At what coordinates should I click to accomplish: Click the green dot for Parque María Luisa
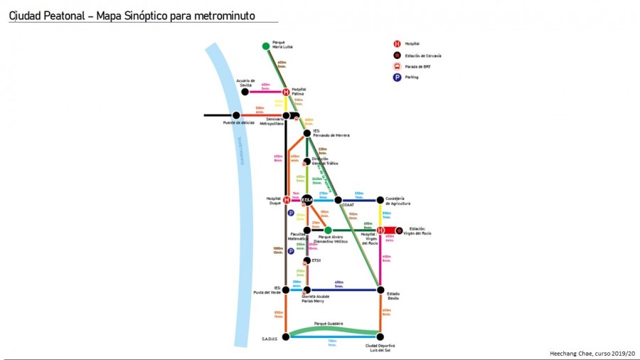tap(266, 46)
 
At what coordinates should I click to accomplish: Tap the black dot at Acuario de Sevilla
tap(245, 92)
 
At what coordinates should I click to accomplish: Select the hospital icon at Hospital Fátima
tap(286, 92)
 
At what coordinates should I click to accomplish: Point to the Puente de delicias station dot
tap(236, 115)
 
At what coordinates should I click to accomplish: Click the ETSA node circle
tap(306, 200)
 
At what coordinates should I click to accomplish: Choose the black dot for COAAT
tap(338, 200)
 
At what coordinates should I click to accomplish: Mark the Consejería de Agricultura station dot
tap(380, 200)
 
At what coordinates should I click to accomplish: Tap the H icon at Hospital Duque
tap(286, 200)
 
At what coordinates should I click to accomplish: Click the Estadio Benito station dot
tap(380, 290)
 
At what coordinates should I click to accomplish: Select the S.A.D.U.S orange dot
tap(286, 337)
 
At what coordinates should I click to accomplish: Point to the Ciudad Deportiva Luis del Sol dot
tap(380, 337)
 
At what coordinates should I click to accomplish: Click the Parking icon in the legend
tap(397, 77)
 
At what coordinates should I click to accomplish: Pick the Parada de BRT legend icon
tap(397, 66)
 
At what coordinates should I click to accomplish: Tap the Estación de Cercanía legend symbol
tap(397, 55)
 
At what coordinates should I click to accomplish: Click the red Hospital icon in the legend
tap(397, 43)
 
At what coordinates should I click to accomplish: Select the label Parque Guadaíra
tap(329, 324)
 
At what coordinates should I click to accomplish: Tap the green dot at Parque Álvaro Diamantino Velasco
tap(328, 230)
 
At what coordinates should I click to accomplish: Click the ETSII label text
tap(317, 260)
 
